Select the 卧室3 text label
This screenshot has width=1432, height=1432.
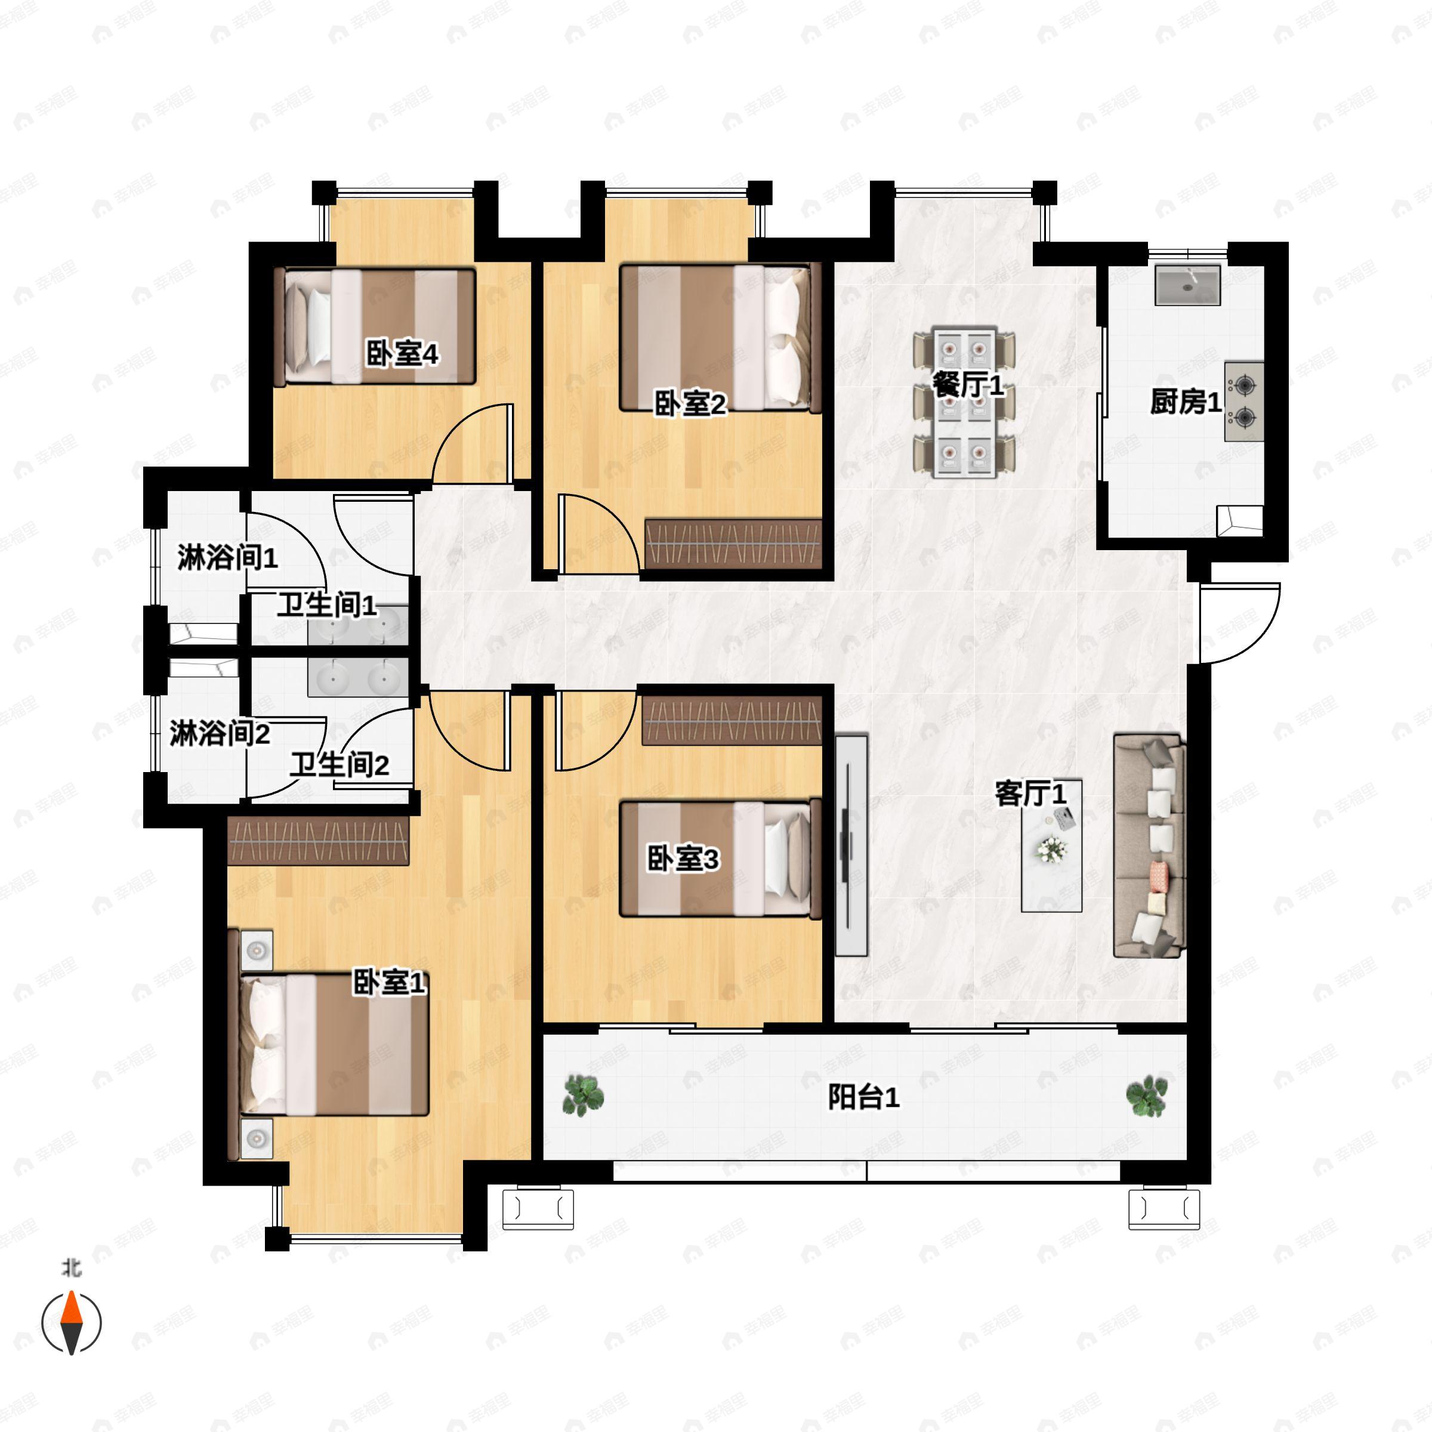(683, 859)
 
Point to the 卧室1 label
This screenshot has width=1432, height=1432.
(389, 983)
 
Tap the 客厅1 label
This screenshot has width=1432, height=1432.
(1030, 794)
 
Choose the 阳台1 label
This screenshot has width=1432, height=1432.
(863, 1097)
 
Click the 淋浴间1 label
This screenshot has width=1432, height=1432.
(227, 557)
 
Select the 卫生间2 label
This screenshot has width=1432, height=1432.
(340, 764)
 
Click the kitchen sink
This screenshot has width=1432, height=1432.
(1187, 285)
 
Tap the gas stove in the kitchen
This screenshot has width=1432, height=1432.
(1243, 401)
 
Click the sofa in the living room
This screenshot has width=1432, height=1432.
(1150, 845)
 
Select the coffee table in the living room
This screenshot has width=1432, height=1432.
(1051, 845)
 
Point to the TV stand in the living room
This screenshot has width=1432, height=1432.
(851, 845)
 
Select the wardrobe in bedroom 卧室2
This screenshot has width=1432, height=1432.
(733, 544)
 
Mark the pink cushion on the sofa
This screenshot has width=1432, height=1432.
(1157, 875)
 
